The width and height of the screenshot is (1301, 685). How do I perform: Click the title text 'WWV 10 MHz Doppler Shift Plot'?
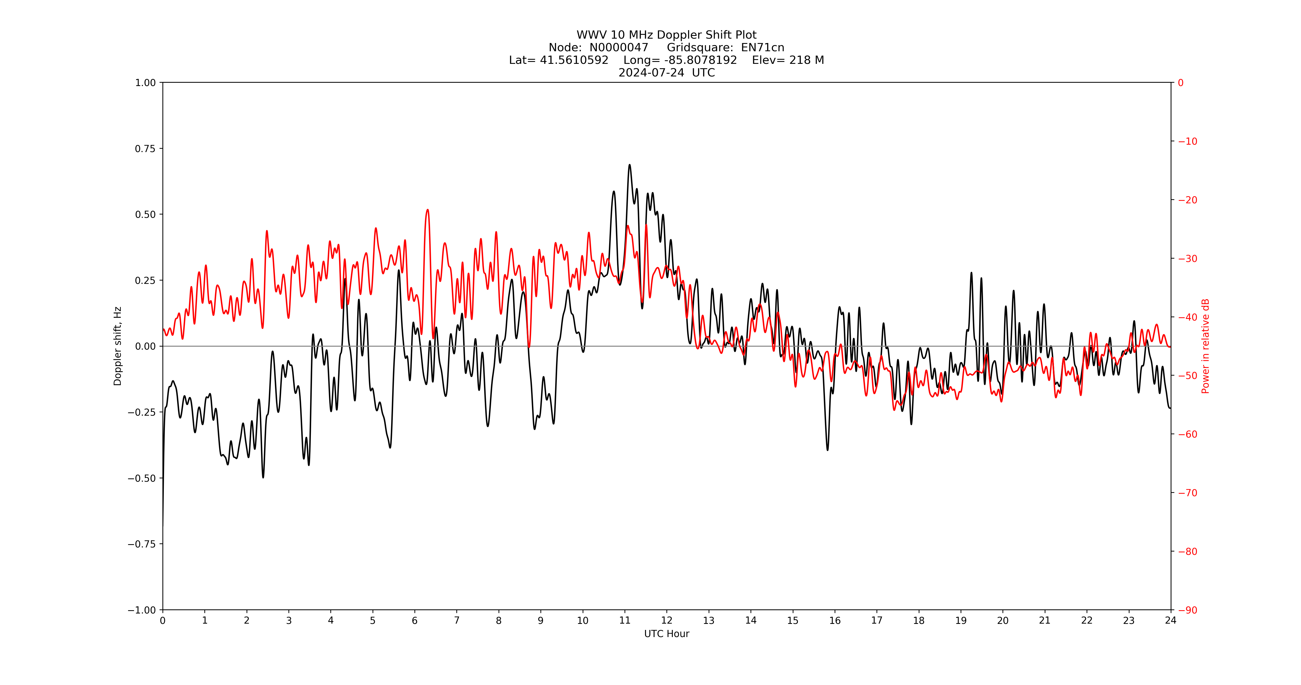coord(666,35)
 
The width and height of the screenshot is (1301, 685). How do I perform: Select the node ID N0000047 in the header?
coord(619,47)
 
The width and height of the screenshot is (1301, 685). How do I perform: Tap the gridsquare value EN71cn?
coord(762,47)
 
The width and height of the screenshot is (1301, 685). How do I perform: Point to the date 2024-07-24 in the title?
coord(651,73)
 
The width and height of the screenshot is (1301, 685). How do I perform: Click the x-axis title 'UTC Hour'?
coord(666,633)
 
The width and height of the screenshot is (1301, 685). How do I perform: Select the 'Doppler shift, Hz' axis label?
coord(118,346)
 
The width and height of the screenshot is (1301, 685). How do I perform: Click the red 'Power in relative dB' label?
coord(1205,346)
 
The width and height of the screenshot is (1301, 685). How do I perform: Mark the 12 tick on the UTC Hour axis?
coord(667,620)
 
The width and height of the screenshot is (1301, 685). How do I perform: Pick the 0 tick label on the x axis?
coord(163,620)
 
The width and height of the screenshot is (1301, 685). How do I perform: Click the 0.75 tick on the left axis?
coord(145,149)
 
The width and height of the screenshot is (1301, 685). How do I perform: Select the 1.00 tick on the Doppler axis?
coord(145,82)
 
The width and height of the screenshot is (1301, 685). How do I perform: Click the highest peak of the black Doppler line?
coord(629,165)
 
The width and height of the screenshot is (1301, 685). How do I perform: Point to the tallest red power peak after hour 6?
coord(427,210)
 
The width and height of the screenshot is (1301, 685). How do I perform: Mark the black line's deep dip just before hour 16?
coord(827,450)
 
